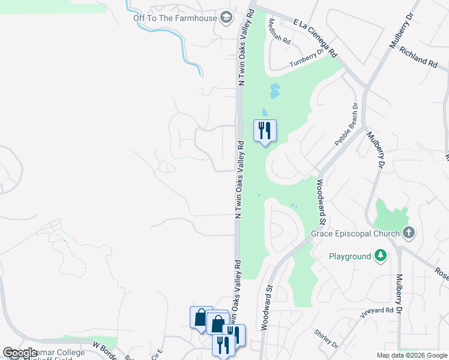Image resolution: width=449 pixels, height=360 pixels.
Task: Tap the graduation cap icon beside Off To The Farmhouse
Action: [226, 16]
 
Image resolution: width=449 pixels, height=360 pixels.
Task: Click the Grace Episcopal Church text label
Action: [355, 233]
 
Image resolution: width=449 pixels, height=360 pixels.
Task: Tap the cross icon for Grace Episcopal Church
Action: [409, 232]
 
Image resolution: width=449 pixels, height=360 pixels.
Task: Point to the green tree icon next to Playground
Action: [379, 256]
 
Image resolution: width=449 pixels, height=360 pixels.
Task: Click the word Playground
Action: [350, 257]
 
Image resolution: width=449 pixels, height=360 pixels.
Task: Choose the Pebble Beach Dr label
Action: [346, 125]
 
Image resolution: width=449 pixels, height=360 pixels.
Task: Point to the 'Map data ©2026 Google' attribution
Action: [412, 355]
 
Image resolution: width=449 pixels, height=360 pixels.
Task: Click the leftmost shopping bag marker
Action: [199, 316]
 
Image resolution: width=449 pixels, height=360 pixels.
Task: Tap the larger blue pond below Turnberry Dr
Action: [275, 91]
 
